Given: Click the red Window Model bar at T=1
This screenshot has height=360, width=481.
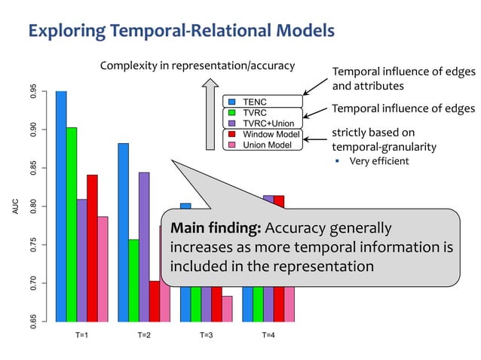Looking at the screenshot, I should (x=92, y=248).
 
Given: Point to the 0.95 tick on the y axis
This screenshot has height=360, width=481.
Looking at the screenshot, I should (x=32, y=91).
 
